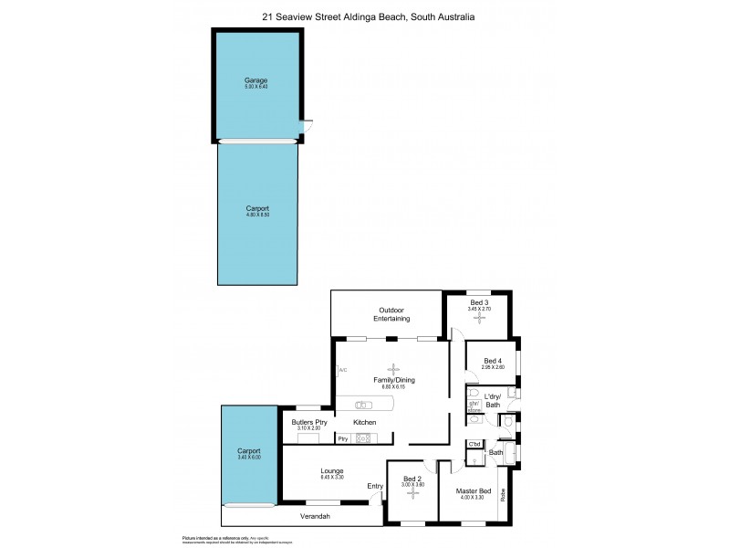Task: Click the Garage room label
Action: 256,80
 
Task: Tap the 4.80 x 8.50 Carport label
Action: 257,208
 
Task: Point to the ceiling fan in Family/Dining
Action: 394,369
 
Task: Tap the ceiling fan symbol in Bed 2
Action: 412,493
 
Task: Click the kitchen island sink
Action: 362,405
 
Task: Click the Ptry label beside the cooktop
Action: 343,439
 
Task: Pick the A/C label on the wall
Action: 342,370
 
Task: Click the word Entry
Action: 375,486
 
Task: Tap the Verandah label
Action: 313,518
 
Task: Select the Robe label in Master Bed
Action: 501,497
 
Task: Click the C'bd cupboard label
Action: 474,445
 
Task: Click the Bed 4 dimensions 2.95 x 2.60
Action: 493,367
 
